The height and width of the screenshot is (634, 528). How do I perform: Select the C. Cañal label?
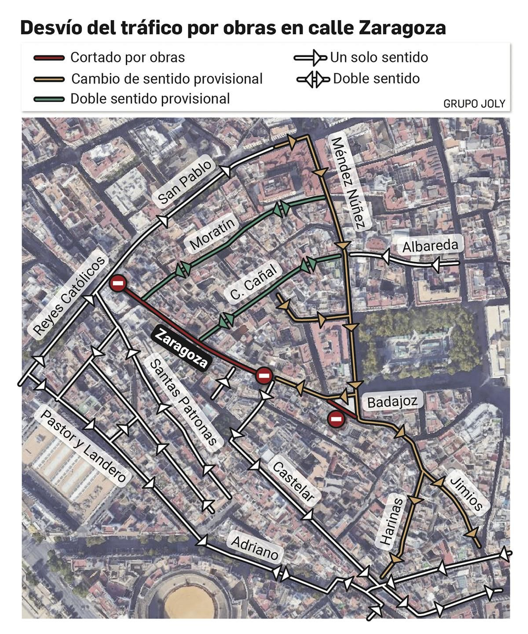tap(253, 282)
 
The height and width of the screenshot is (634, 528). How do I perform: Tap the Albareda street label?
tap(430, 246)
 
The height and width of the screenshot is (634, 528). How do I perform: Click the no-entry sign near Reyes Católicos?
tap(118, 283)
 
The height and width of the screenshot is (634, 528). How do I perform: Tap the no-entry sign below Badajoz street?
tap(336, 419)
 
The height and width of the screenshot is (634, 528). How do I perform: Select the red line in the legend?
tap(49, 58)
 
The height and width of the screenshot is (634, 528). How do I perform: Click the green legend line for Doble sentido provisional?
tap(49, 99)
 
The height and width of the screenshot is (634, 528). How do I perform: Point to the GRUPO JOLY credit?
tap(474, 104)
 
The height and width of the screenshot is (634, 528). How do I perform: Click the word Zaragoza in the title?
tap(402, 28)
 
